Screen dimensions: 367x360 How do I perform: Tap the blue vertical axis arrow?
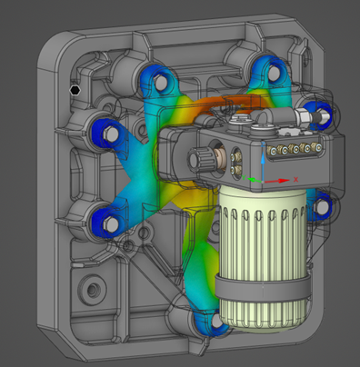[263, 161]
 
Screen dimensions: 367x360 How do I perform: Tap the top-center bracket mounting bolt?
[266, 72]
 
